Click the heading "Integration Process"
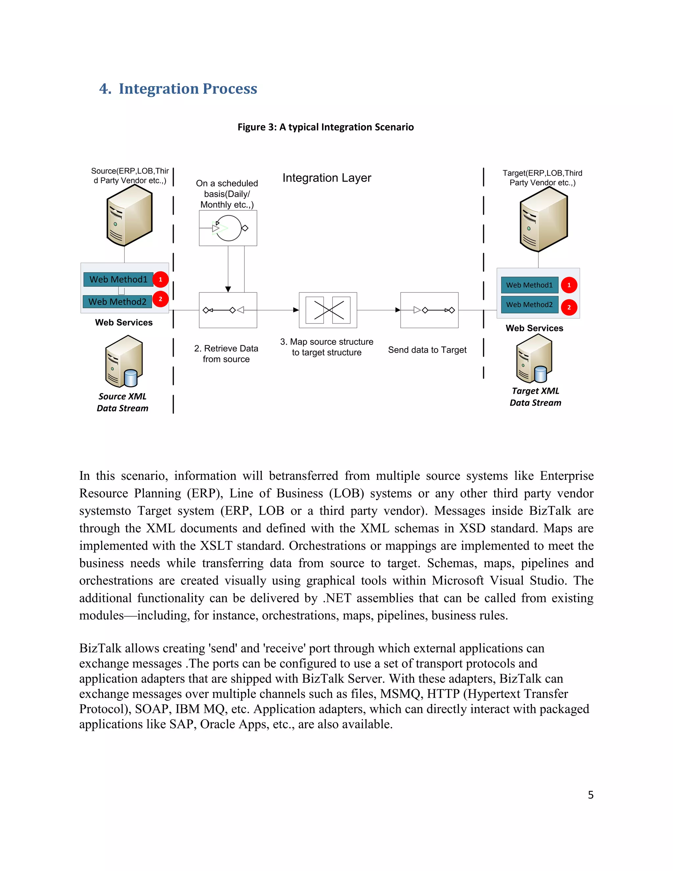coord(187,88)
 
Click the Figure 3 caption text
coord(325,127)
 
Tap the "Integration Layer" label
coord(327,178)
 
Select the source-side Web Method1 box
coord(118,279)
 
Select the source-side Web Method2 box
coord(117,301)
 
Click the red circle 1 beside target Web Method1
coord(569,285)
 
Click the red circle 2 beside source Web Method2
coord(160,299)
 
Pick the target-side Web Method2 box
coord(529,305)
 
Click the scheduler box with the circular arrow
coord(228,228)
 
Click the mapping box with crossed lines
coord(328,310)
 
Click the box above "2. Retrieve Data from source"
coord(228,310)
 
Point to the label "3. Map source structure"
coord(327,342)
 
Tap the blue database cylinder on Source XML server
coord(131,378)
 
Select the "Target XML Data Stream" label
coord(535,397)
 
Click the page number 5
coord(591,795)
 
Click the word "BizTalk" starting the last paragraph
coord(100,648)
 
